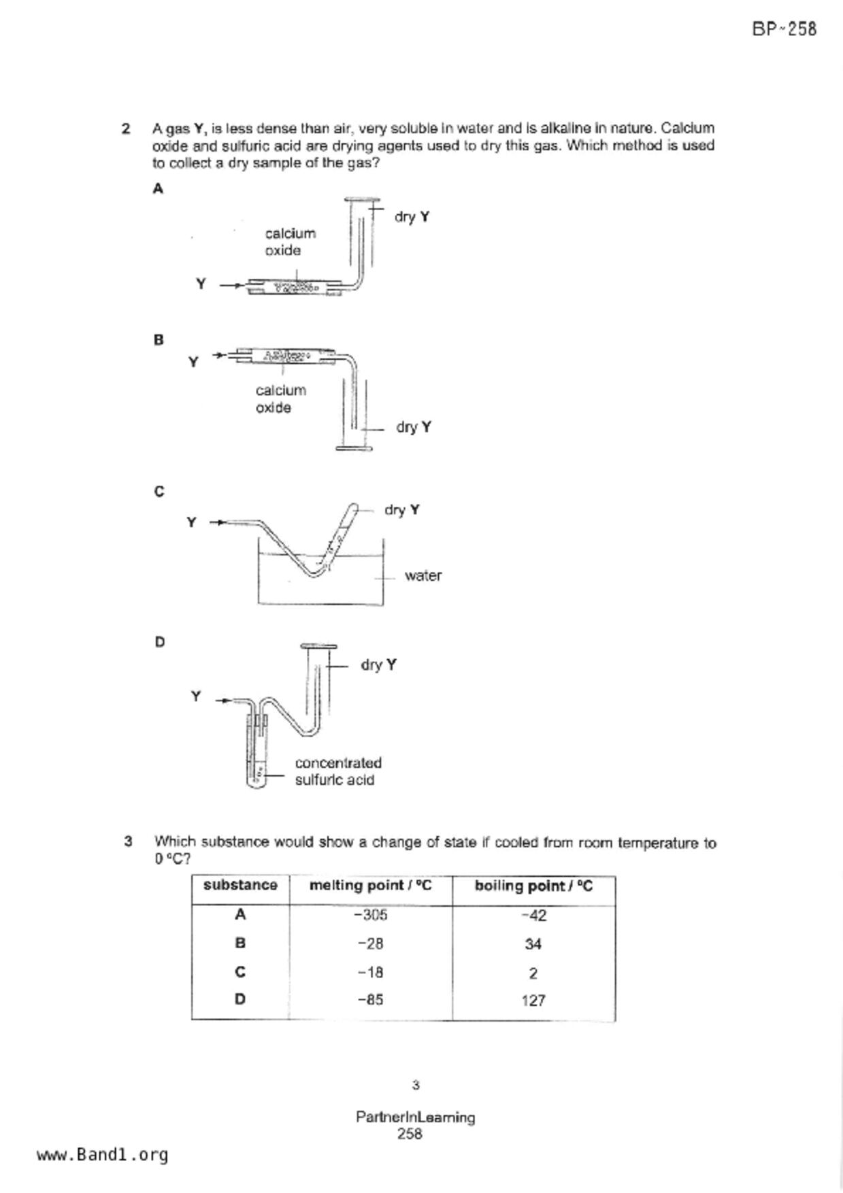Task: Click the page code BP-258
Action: pyautogui.click(x=784, y=29)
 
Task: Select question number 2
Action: pyautogui.click(x=126, y=129)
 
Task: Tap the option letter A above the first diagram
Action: pyautogui.click(x=158, y=189)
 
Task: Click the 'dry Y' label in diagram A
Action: pyautogui.click(x=412, y=217)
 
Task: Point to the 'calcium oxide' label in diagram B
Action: pyautogui.click(x=280, y=399)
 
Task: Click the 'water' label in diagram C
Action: pyautogui.click(x=423, y=575)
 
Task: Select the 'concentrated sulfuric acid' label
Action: pyautogui.click(x=337, y=771)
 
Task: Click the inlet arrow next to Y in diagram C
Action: pyautogui.click(x=217, y=522)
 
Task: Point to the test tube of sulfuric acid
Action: pyautogui.click(x=256, y=755)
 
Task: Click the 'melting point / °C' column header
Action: pyautogui.click(x=370, y=886)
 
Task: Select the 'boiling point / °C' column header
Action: pyautogui.click(x=533, y=886)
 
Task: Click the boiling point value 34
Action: pyautogui.click(x=533, y=944)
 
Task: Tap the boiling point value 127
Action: pyautogui.click(x=533, y=1001)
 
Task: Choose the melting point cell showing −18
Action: pyautogui.click(x=370, y=973)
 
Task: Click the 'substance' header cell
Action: pyautogui.click(x=240, y=885)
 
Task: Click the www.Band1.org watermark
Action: pyautogui.click(x=102, y=1155)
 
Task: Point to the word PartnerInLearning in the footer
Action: pyautogui.click(x=415, y=1117)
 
